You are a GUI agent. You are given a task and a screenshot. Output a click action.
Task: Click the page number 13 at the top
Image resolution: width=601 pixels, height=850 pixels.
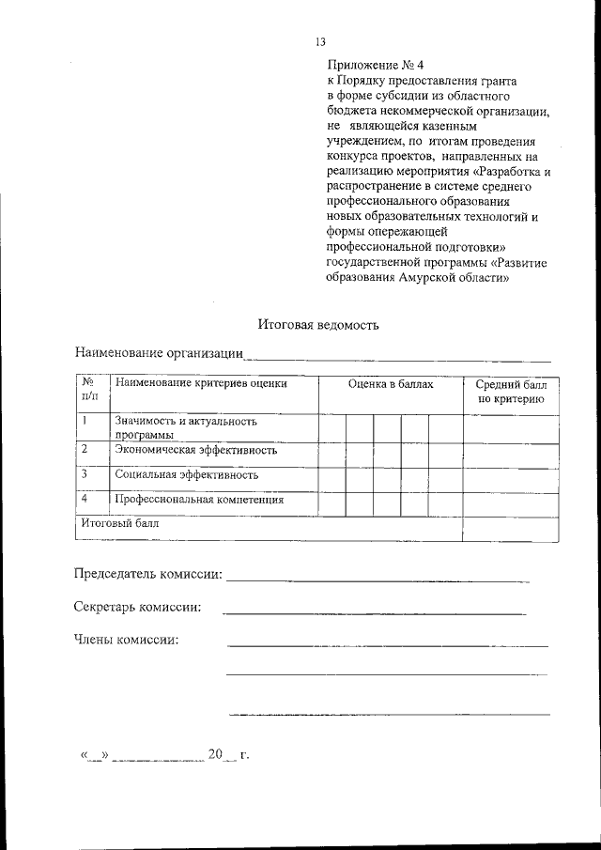pos(320,42)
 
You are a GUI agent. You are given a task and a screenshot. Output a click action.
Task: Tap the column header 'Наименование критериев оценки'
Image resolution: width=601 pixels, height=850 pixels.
pos(200,383)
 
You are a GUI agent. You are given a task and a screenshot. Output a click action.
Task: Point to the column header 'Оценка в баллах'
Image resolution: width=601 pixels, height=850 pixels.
pos(390,384)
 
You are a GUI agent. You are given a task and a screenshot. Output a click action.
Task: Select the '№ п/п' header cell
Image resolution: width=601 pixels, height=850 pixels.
pos(88,392)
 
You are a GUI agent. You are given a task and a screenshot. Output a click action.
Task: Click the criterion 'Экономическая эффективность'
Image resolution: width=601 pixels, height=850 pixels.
pos(195,450)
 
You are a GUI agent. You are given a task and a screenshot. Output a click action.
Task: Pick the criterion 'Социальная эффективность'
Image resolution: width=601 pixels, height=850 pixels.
pos(186,475)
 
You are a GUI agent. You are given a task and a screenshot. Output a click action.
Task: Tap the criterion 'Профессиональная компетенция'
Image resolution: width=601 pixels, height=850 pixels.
pos(199,500)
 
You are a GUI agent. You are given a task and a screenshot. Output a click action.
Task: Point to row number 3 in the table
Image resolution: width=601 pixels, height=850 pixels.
pos(85,474)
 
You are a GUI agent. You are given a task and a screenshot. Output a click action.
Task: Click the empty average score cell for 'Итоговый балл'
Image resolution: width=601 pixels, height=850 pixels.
pos(511,529)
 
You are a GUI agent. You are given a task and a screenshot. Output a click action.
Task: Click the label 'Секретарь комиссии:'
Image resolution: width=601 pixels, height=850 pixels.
pos(137,608)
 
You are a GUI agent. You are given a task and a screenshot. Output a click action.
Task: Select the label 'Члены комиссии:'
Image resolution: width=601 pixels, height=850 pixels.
pos(126,641)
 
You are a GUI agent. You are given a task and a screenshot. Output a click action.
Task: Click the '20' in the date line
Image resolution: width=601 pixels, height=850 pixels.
pos(215,754)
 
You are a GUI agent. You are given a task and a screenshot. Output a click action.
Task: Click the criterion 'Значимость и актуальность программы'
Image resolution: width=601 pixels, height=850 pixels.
pos(186,428)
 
